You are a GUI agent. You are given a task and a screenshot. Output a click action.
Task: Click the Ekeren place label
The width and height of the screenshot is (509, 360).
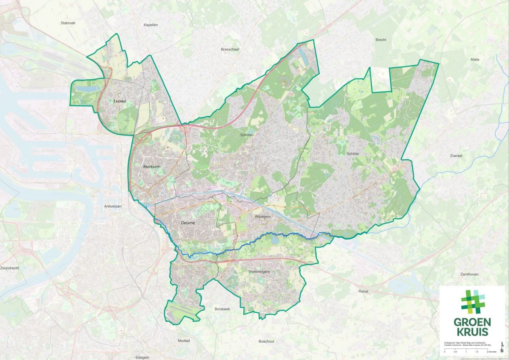[119, 101]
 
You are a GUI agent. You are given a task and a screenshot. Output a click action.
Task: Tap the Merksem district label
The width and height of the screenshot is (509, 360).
[151, 167]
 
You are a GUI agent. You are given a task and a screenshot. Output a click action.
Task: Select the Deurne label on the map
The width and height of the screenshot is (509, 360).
[187, 223]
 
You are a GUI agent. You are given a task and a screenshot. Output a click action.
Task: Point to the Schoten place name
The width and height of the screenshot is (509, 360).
[247, 135]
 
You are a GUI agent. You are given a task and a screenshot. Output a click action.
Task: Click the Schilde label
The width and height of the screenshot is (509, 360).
[352, 154]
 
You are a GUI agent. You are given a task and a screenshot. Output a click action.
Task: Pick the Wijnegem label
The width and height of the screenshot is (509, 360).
[262, 217]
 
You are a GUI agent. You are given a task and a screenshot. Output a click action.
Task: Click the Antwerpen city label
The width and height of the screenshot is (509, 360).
[113, 206]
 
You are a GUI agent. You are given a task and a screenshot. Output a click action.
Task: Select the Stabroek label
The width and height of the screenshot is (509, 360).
[68, 23]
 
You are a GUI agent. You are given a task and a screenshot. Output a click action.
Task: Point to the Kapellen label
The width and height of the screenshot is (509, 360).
[151, 25]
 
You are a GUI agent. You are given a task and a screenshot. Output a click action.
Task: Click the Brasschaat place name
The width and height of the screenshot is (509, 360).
[230, 49]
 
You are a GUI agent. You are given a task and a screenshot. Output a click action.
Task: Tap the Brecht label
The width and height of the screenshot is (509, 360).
[381, 40]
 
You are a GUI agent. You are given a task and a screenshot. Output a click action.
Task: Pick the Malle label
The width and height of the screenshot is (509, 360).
[475, 59]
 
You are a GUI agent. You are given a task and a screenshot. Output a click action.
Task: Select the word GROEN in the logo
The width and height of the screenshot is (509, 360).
[472, 322]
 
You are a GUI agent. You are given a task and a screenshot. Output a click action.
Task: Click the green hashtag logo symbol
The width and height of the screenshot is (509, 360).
[473, 302]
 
